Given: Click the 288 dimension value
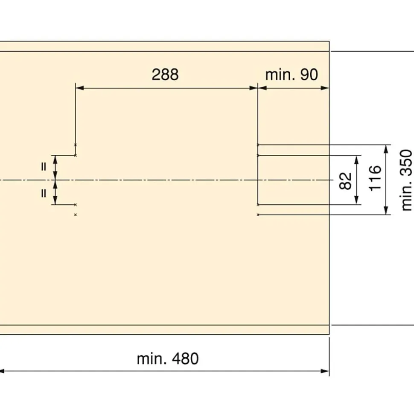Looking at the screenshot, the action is [x=165, y=74].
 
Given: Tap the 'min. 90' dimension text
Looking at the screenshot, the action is [x=292, y=75].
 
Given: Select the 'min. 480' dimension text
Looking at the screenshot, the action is [x=168, y=359].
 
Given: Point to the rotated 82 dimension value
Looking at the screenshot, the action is [x=345, y=181].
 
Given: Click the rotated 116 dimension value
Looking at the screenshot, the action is [x=375, y=178].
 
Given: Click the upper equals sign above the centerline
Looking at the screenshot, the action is [x=44, y=167].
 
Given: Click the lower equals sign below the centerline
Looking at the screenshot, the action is [x=44, y=193].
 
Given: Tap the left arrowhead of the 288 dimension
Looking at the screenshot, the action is [x=79, y=88].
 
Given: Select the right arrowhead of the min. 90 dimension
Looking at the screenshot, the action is [x=325, y=88].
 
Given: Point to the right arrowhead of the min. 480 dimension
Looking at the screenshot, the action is [x=325, y=371].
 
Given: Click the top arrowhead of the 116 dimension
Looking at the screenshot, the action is [x=386, y=149].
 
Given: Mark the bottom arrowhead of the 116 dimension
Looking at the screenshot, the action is [x=386, y=210].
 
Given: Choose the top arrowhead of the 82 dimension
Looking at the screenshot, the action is [x=357, y=160].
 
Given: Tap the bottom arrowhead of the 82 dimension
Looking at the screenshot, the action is [x=357, y=200].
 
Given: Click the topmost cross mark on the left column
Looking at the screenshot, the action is [x=76, y=145].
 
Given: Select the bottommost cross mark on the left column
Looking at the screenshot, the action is [x=76, y=215].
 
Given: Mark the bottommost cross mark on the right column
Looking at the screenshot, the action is [x=258, y=215].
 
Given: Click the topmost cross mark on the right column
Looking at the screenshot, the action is [x=258, y=145].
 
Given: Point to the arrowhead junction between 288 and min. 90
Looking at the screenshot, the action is [x=258, y=88].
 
